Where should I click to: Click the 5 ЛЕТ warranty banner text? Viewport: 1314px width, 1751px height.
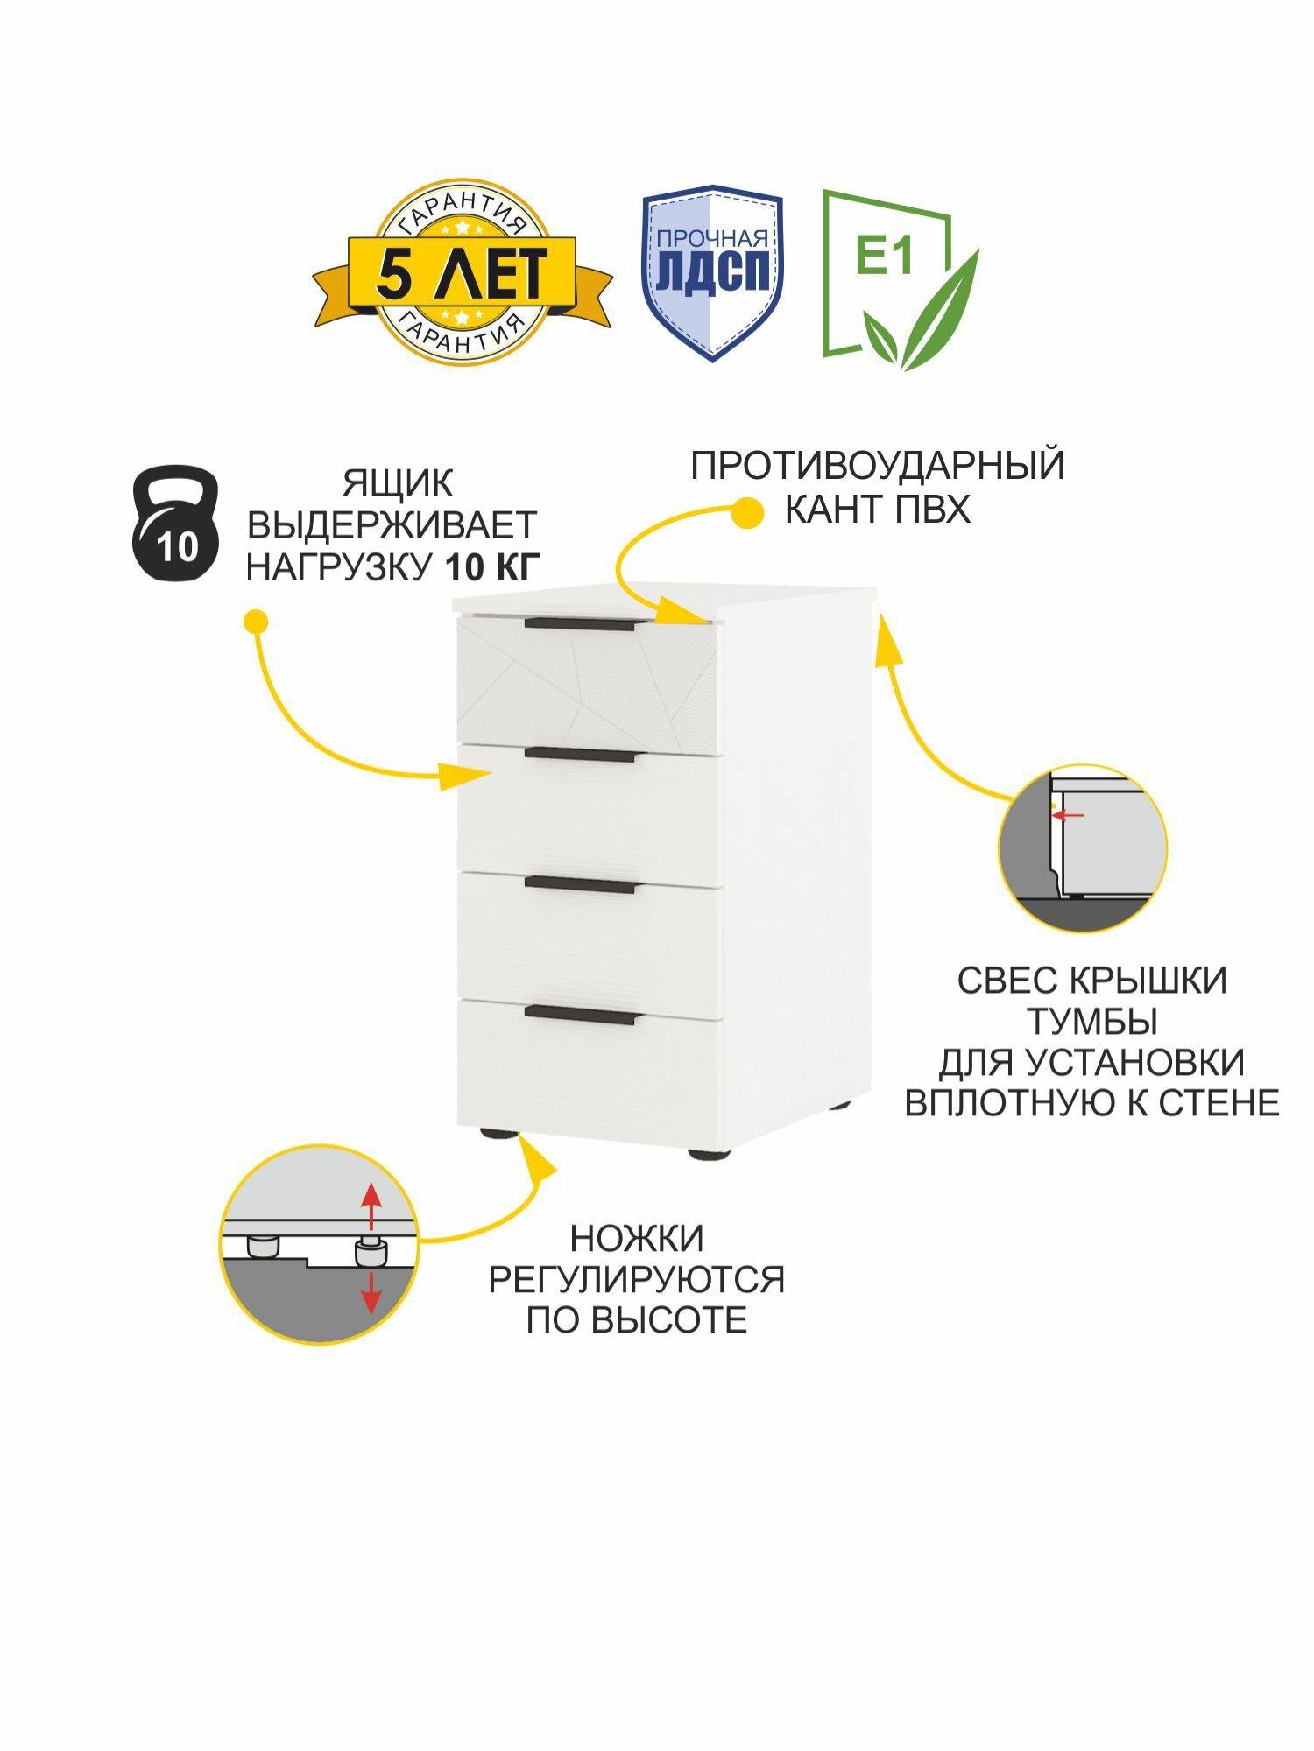pos(462,272)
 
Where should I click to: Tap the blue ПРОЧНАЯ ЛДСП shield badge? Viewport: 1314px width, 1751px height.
pos(712,272)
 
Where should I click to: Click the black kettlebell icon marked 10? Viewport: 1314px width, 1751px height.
pos(175,524)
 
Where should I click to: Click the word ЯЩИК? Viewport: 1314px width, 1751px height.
pos(398,483)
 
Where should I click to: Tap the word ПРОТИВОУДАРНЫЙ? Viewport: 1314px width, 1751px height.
pos(877,465)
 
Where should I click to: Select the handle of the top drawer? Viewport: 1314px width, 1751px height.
pos(581,624)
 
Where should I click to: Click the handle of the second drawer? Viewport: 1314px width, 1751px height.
pos(581,754)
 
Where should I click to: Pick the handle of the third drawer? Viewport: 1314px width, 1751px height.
pos(581,885)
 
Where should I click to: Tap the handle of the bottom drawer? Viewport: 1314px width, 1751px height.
pos(583,1015)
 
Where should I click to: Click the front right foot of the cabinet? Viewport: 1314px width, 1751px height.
pos(709,1155)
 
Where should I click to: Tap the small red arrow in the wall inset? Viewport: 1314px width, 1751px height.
pos(1068,815)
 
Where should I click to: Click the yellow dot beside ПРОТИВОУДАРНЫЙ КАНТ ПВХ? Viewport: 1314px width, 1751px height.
pos(747,513)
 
